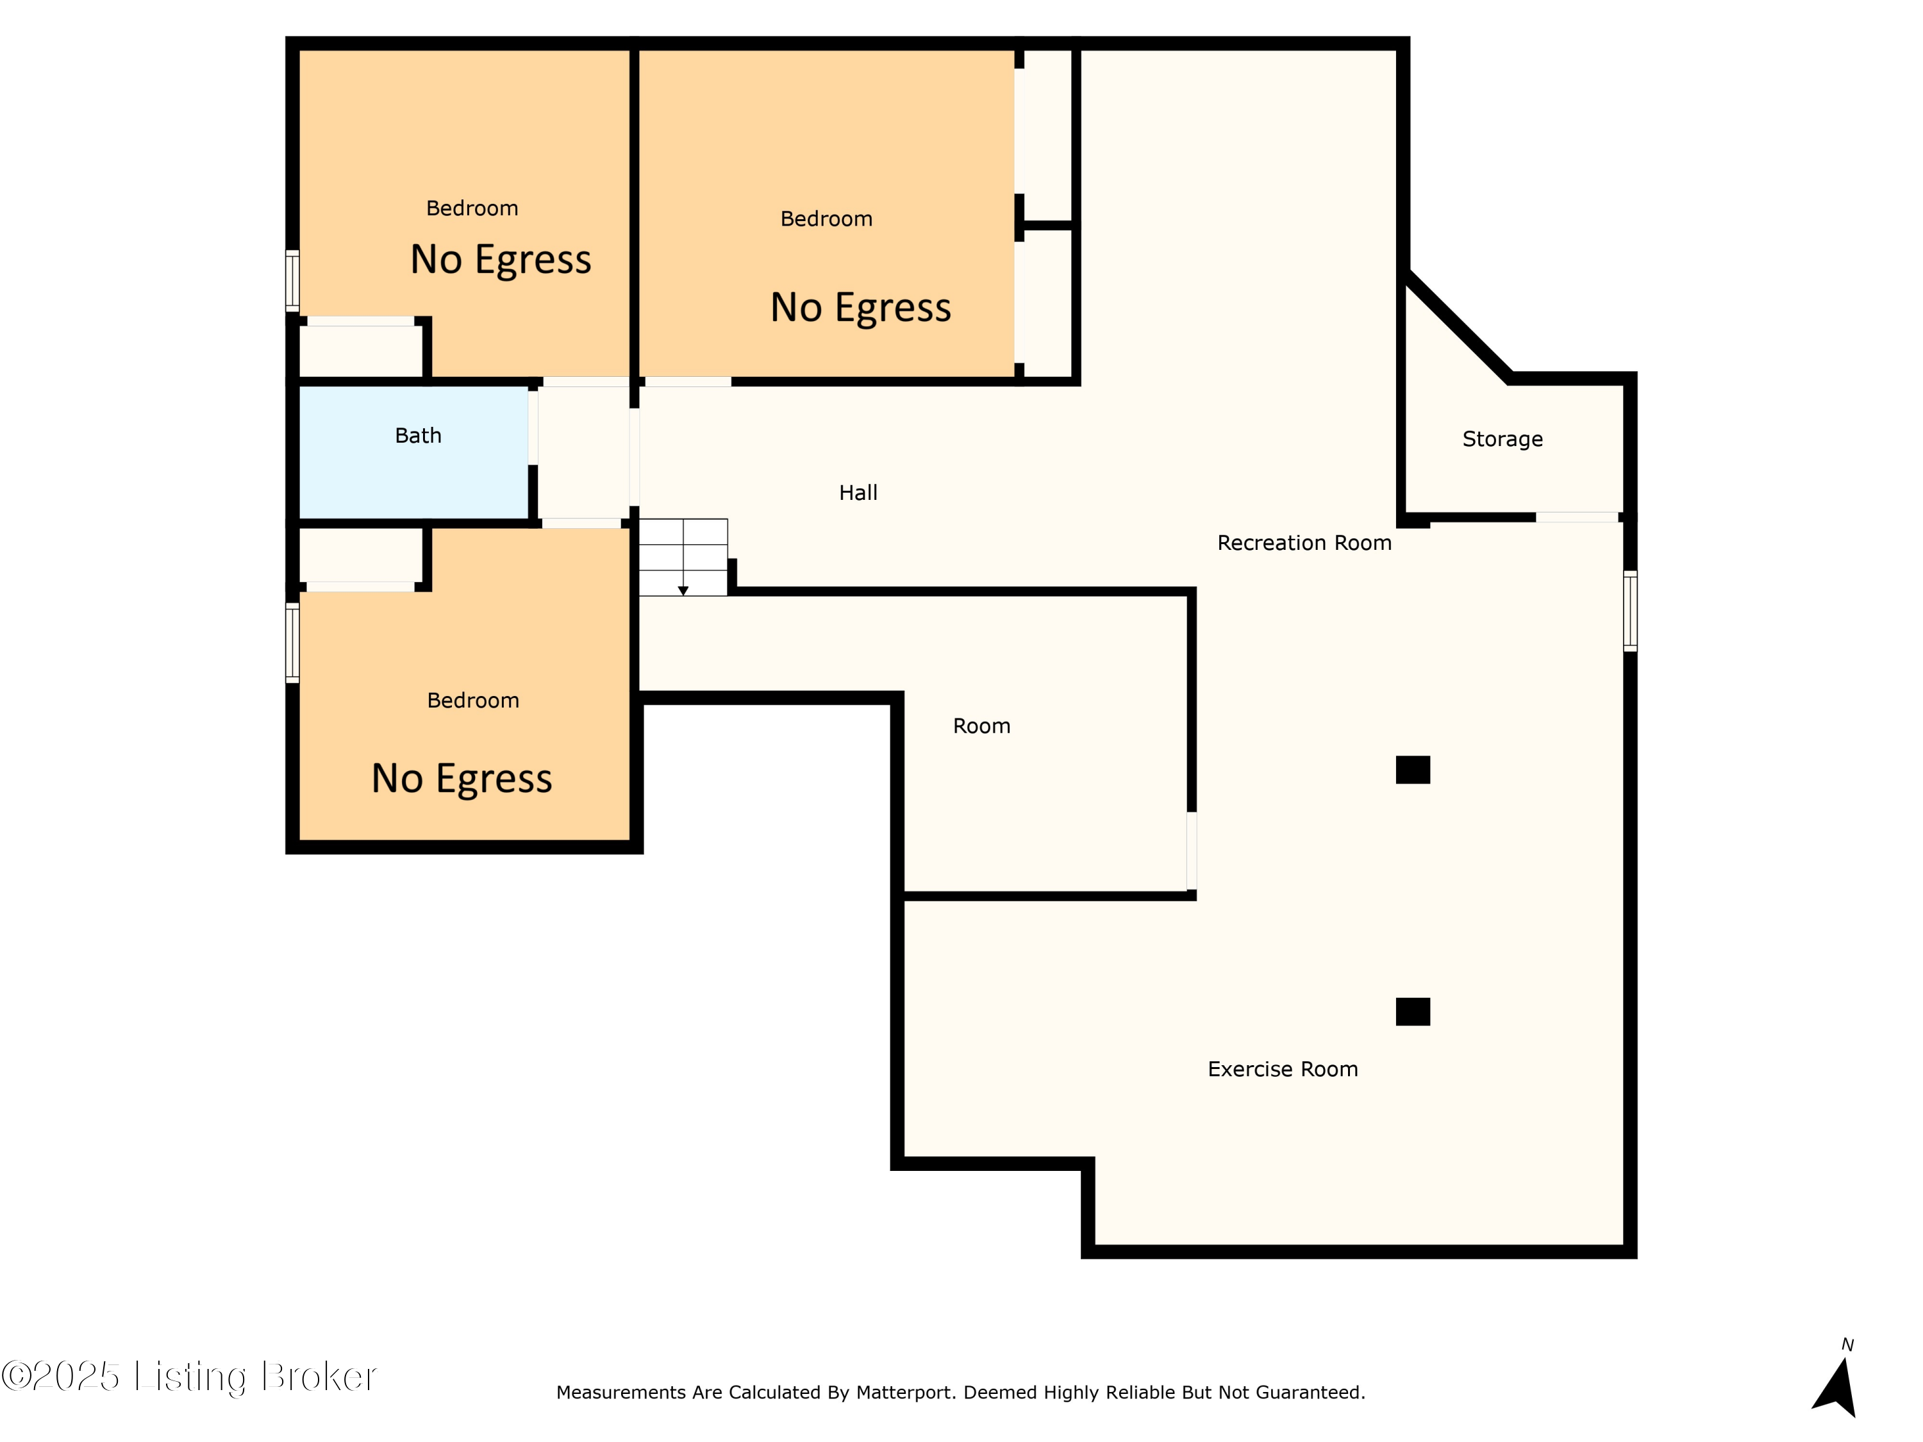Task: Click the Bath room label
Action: (418, 435)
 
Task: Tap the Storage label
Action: (1503, 439)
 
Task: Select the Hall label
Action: (858, 493)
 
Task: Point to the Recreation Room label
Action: (1304, 543)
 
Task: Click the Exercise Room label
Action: (1282, 1069)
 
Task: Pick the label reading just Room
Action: (981, 725)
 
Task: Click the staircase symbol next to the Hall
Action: (683, 557)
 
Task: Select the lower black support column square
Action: (1413, 1012)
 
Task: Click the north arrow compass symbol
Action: (1837, 1382)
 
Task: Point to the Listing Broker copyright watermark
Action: (188, 1377)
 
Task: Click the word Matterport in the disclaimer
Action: (905, 1393)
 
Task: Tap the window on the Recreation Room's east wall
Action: (1630, 611)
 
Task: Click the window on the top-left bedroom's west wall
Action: (293, 281)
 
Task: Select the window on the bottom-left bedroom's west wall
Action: (293, 643)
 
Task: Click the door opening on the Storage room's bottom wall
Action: (1577, 517)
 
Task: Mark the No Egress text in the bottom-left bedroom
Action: (462, 779)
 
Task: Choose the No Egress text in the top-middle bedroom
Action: (861, 308)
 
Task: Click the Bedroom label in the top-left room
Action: (472, 208)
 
